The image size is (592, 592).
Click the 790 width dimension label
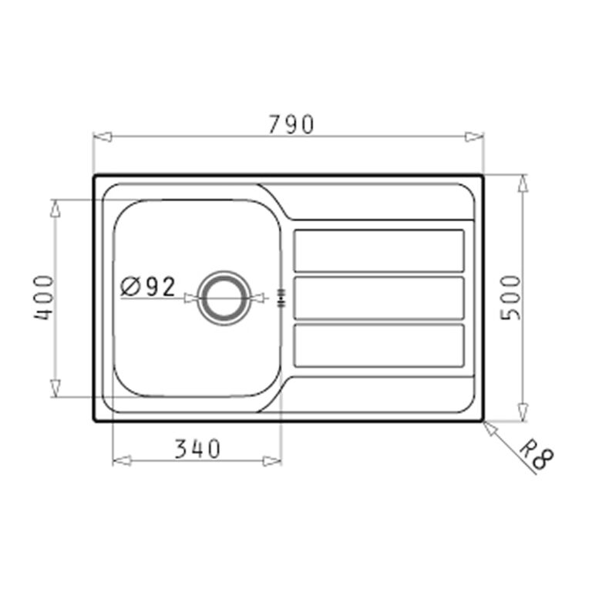tap(291, 124)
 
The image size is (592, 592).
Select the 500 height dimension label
tap(510, 298)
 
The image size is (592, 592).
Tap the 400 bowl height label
tap(44, 298)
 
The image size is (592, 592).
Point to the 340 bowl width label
tap(197, 449)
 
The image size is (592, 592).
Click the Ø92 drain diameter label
tap(148, 287)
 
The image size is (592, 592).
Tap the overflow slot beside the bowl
tap(281, 298)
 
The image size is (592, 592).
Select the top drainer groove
tap(378, 251)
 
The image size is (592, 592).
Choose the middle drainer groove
tap(378, 298)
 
